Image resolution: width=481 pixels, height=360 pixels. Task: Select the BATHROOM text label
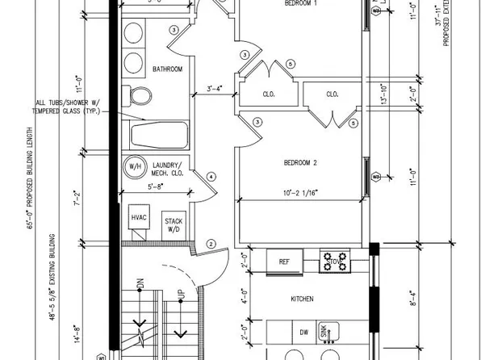168,69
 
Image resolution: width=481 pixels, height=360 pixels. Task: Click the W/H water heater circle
132,167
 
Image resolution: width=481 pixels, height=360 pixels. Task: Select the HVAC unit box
139,219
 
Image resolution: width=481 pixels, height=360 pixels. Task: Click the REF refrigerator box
284,262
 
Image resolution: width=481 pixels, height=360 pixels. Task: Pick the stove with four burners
336,262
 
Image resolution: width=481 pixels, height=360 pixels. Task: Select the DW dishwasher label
303,332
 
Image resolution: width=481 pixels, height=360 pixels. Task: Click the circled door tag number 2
211,244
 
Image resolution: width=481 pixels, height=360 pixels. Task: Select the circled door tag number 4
211,177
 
